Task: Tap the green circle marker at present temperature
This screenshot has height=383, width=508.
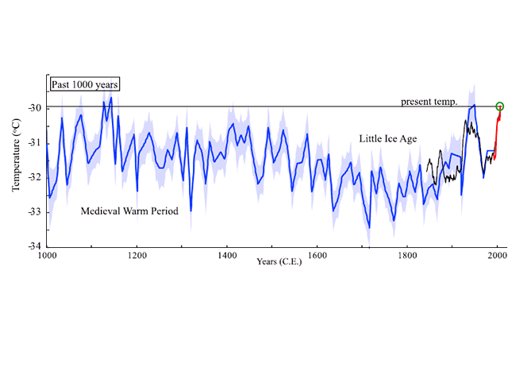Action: point(500,106)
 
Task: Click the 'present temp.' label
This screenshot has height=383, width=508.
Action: point(429,102)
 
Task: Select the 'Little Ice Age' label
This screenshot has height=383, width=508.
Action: point(387,139)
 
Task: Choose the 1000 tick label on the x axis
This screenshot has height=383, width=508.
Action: point(47,256)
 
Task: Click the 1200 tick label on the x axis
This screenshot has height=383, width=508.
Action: point(137,256)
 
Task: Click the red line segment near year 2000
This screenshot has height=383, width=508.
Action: point(497,131)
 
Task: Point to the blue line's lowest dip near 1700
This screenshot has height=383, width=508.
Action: point(369,227)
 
